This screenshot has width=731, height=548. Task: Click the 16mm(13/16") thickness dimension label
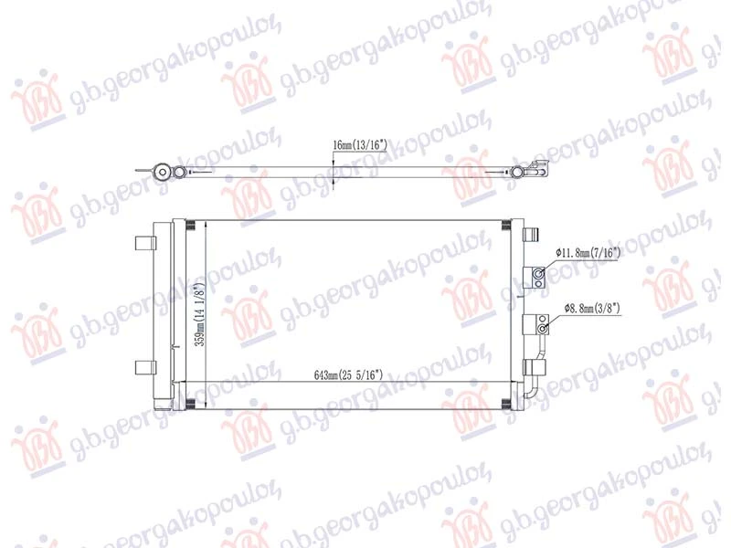360,145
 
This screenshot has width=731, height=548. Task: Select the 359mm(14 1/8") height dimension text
199,313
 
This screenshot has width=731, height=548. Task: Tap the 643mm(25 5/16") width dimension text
348,374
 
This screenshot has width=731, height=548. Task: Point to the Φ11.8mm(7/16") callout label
588,253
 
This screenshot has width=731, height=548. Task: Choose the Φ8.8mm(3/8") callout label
592,308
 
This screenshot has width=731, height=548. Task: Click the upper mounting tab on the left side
145,243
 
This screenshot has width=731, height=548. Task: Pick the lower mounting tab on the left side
145,368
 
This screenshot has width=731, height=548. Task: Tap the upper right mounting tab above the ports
530,234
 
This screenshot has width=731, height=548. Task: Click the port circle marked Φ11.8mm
538,273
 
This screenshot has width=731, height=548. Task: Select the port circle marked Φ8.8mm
542,330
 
